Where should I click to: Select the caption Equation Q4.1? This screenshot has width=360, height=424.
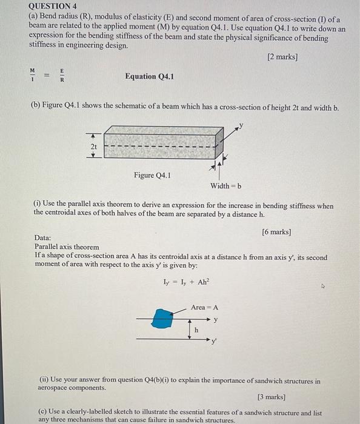point(149,76)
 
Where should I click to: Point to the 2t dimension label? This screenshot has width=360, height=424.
point(93,147)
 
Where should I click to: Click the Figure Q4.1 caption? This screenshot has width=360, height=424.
point(152,176)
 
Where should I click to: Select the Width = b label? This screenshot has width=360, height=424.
point(225,186)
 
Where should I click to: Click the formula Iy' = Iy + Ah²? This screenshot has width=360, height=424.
point(185,282)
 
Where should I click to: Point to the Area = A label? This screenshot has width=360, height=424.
point(204,307)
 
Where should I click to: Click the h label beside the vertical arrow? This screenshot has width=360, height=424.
point(196,330)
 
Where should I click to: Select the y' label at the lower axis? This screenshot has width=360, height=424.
point(214,341)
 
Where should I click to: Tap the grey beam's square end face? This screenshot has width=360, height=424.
point(221,145)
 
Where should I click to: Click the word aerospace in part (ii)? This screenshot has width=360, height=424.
point(55,388)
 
